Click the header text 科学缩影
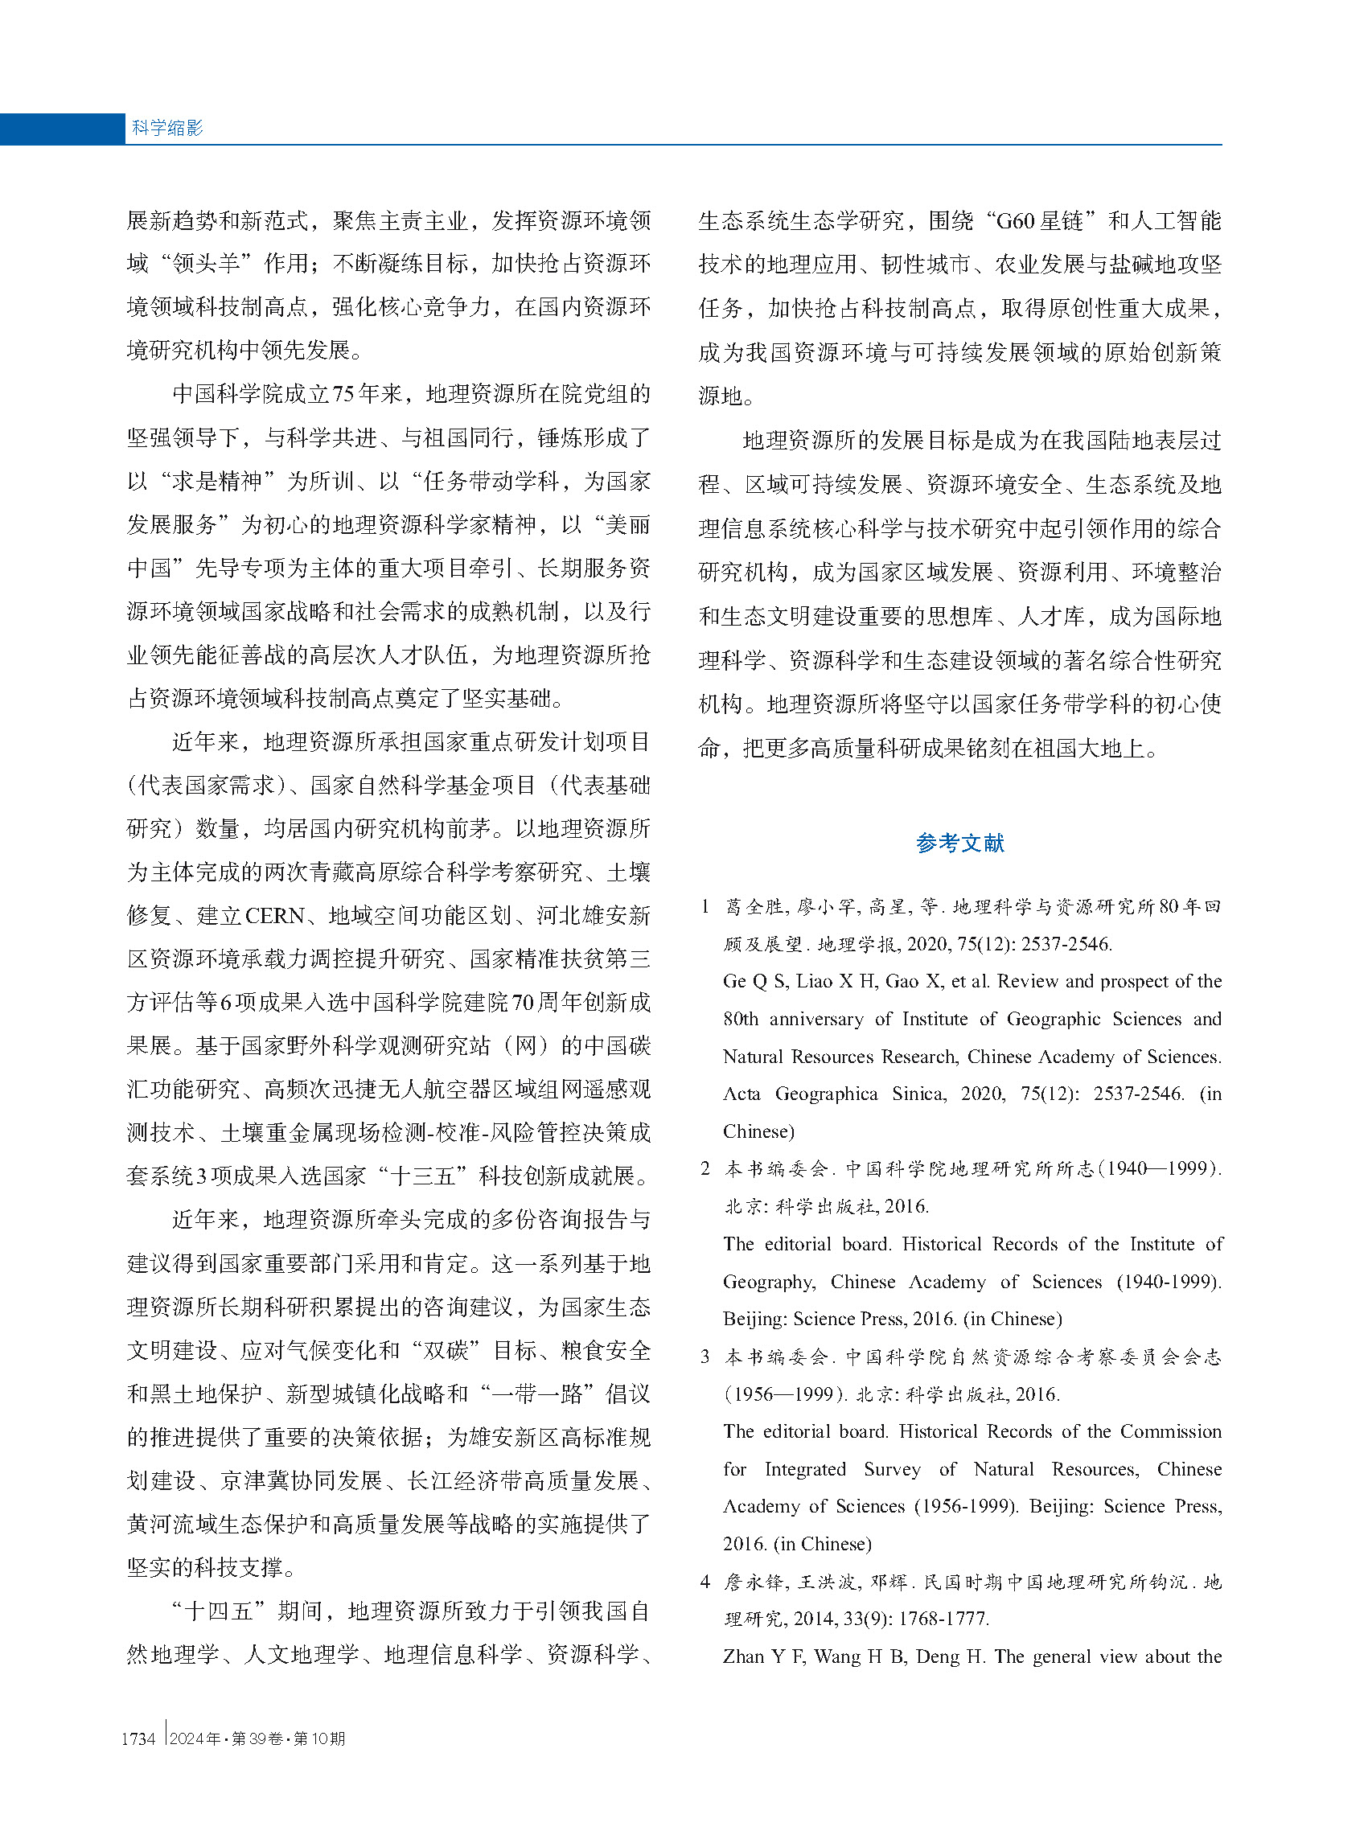click(167, 128)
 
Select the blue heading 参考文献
click(959, 844)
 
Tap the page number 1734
click(138, 1738)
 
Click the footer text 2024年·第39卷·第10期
click(257, 1738)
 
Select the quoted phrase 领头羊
click(206, 264)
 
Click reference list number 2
click(705, 1168)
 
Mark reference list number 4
click(705, 1582)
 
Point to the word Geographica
click(826, 1094)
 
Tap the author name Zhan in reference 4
click(742, 1656)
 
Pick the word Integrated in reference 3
click(804, 1470)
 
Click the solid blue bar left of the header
click(62, 129)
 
